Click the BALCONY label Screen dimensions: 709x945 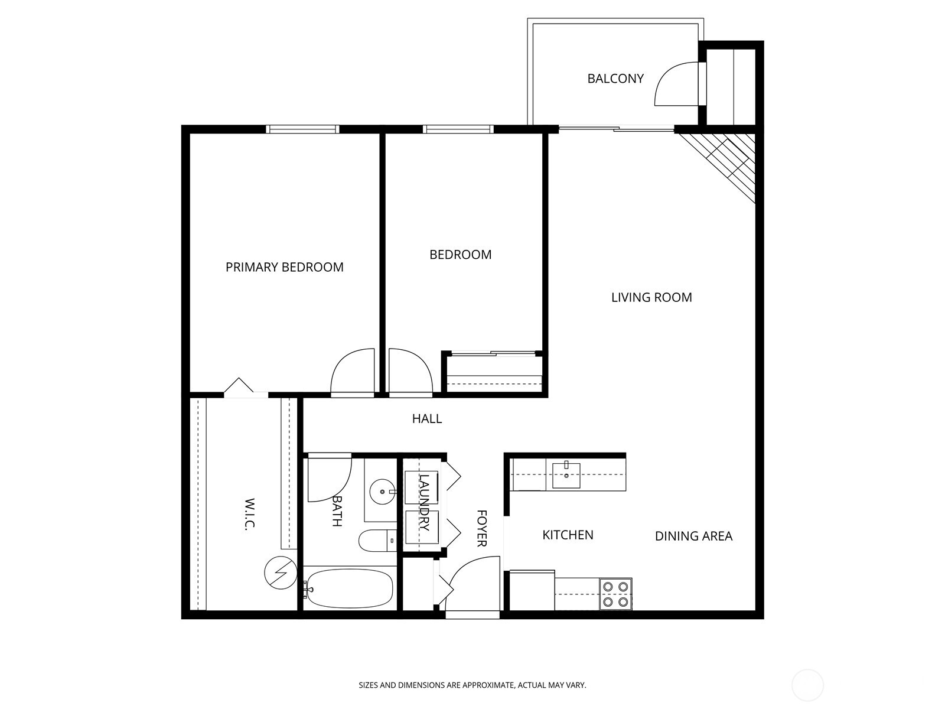(x=615, y=79)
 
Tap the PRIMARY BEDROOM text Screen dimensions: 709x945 (x=284, y=267)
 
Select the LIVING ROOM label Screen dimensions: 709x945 (x=651, y=297)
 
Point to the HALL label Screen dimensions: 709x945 (x=426, y=419)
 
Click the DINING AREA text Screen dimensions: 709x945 (x=693, y=536)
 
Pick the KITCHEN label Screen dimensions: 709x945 (x=568, y=535)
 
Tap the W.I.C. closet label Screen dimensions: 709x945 (x=249, y=513)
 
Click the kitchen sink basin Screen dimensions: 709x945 (x=566, y=476)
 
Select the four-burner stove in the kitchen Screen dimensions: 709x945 (x=616, y=594)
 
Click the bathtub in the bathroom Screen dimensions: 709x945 (x=349, y=588)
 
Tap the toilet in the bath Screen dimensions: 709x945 (x=376, y=541)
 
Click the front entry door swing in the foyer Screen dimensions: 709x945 (x=470, y=585)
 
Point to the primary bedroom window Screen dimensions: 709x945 (x=302, y=129)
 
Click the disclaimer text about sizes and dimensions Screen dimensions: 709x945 (x=472, y=685)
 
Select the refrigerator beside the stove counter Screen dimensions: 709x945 (x=532, y=590)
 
